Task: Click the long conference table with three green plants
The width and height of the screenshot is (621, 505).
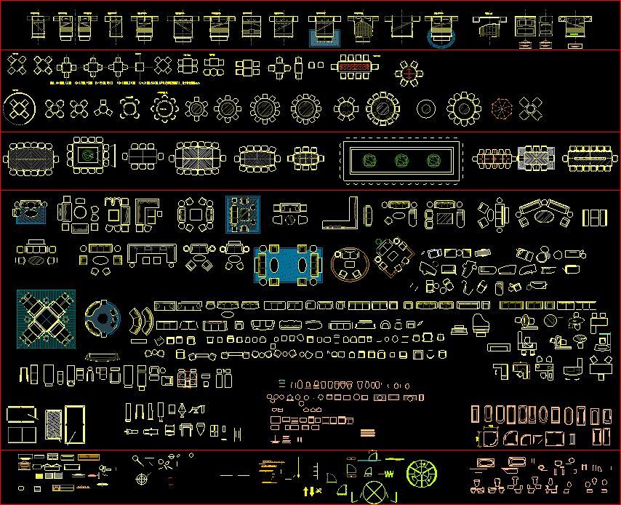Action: coord(402,160)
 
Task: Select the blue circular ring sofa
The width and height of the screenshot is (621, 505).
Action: coord(101,317)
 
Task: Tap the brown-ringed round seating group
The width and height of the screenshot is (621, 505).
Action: coord(350,263)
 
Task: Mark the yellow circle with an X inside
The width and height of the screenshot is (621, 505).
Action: coord(375,493)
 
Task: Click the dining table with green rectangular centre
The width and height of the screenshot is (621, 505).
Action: coord(89,156)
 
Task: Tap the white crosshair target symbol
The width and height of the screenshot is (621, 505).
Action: coord(143,480)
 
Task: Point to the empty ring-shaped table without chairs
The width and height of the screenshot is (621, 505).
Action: coord(426,109)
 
